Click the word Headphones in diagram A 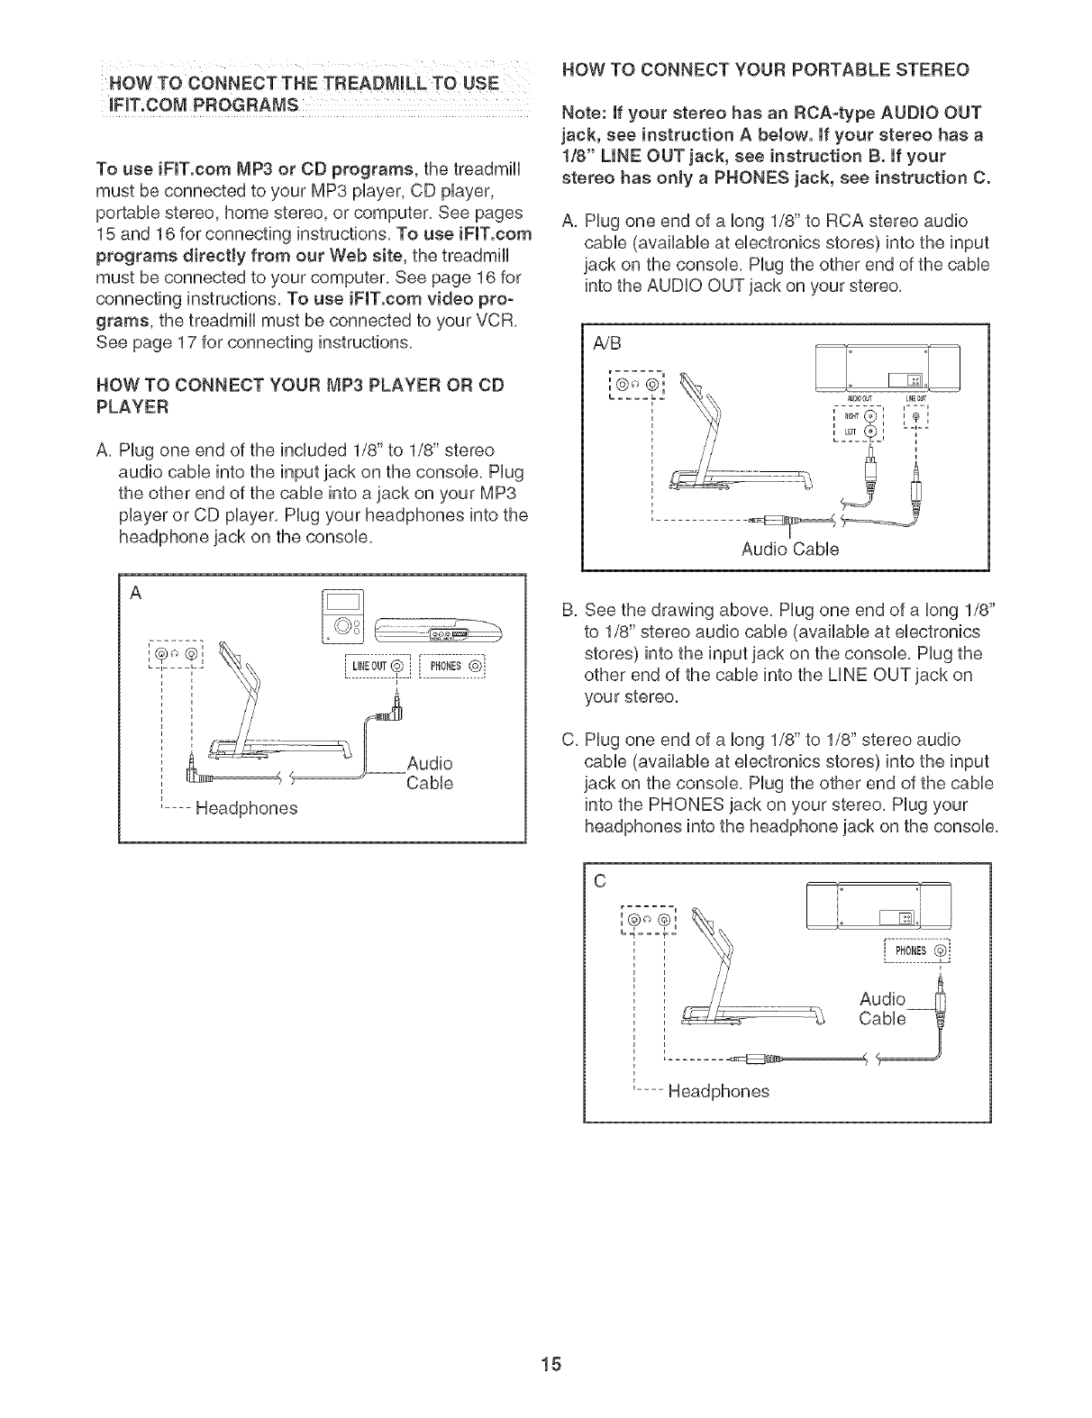245,807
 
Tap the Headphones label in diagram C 718,1091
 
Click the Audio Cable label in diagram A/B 790,549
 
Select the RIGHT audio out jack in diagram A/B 869,416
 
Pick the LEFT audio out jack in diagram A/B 869,432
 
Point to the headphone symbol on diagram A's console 174,650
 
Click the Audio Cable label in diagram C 883,1009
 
